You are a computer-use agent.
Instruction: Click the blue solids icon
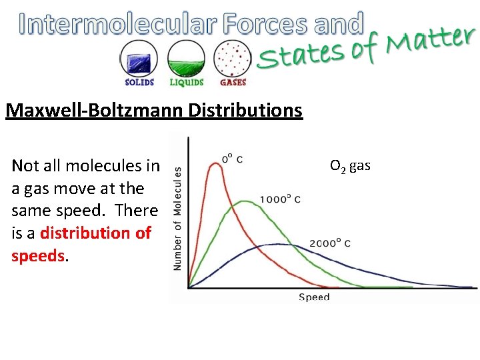tap(139, 58)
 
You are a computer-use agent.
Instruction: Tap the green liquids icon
tap(186, 58)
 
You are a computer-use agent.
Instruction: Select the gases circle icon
tap(232, 58)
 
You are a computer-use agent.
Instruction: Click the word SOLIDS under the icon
tap(139, 83)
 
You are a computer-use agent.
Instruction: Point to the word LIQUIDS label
tap(186, 83)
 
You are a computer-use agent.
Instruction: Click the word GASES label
tap(233, 83)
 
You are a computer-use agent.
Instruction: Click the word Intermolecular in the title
tap(118, 24)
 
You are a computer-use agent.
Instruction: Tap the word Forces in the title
tap(266, 24)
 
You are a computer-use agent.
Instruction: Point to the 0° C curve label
tap(232, 159)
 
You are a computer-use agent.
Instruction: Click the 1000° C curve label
tap(280, 199)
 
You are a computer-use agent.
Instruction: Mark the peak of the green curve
tap(245, 201)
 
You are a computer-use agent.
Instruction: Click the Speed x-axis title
tap(314, 297)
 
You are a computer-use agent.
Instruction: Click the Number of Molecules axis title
tap(178, 218)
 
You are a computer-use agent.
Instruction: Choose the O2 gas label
tap(349, 165)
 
